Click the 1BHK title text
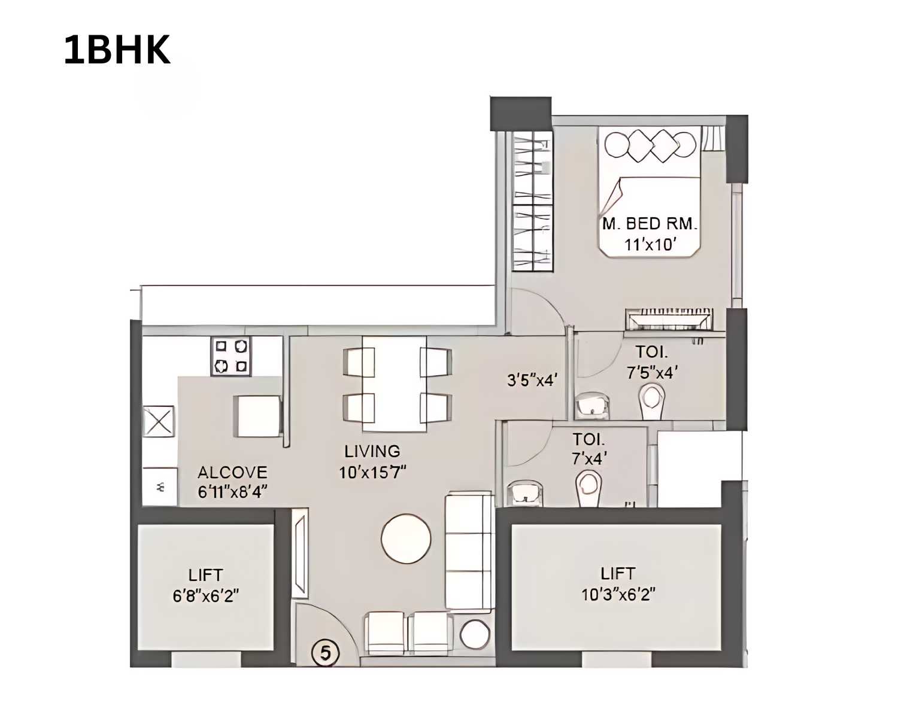tap(117, 50)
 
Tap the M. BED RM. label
tap(650, 224)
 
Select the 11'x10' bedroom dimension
tap(650, 244)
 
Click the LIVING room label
tap(372, 451)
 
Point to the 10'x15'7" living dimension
tap(372, 473)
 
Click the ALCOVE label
tap(232, 472)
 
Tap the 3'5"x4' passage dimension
tap(532, 380)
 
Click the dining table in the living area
tap(394, 383)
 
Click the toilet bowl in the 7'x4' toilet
tap(588, 488)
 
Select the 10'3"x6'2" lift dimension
tap(618, 595)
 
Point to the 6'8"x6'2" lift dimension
tap(205, 596)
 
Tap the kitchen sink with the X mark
tap(159, 422)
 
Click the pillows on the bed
tap(650, 145)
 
